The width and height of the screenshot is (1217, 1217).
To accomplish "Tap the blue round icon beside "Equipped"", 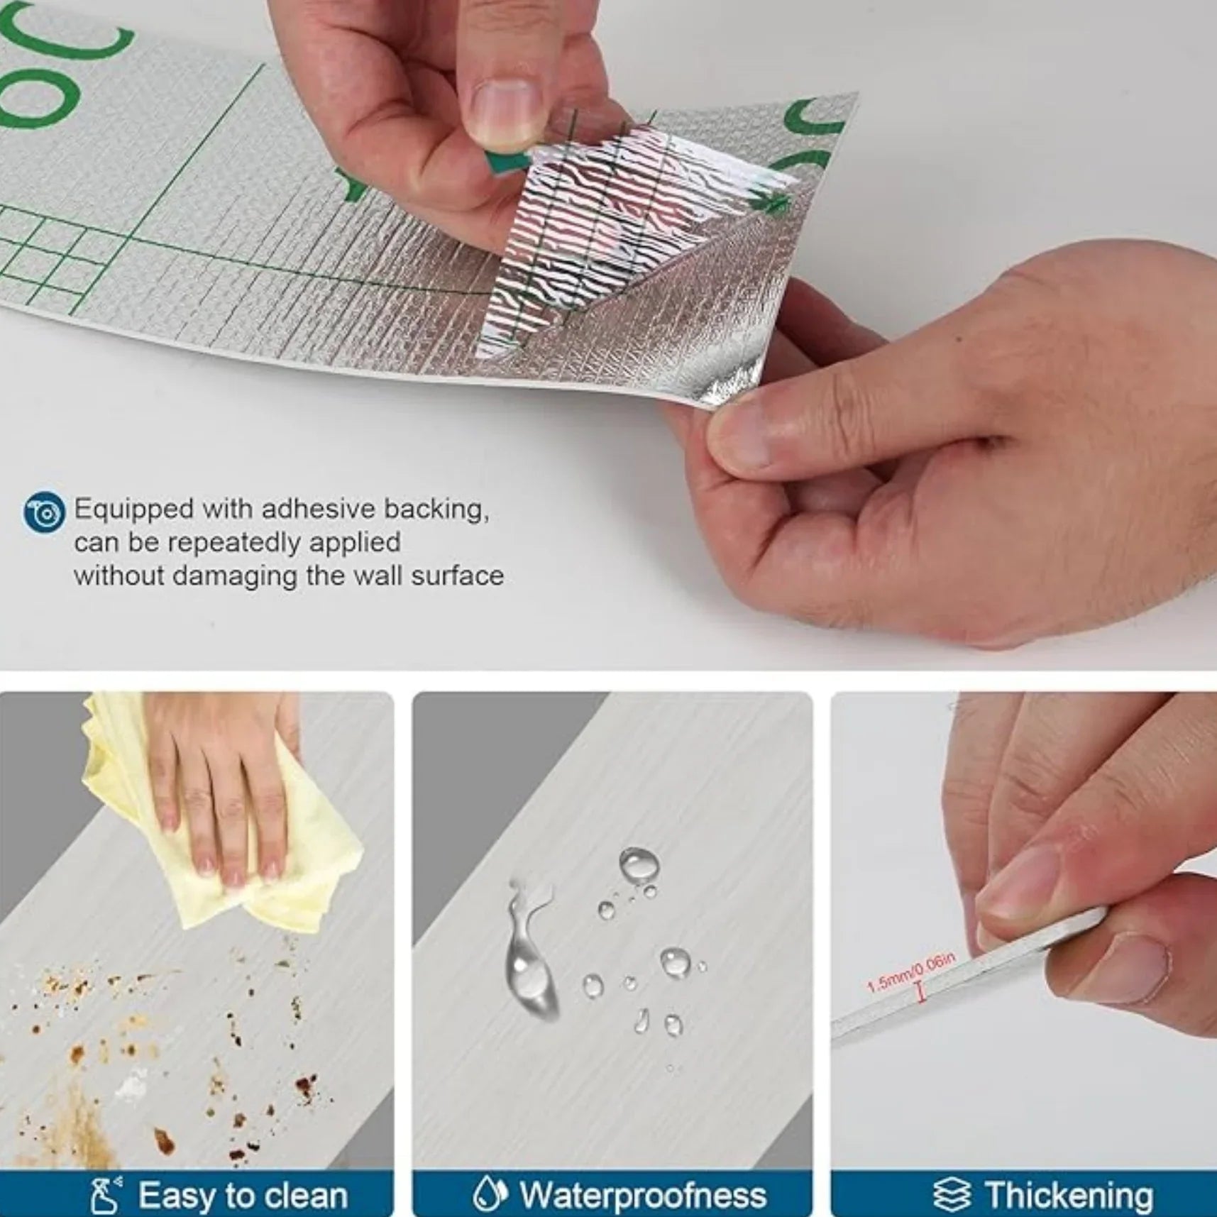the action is [x=44, y=512].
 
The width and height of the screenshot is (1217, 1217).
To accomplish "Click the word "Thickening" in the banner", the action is [x=1068, y=1195].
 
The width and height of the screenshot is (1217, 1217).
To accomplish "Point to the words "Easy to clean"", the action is [x=243, y=1195].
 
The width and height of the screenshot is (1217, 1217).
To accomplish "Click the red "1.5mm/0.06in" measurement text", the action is [x=911, y=973].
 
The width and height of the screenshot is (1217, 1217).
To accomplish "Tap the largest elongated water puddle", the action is [x=529, y=951].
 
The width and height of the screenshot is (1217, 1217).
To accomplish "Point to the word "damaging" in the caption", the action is [x=236, y=577].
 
